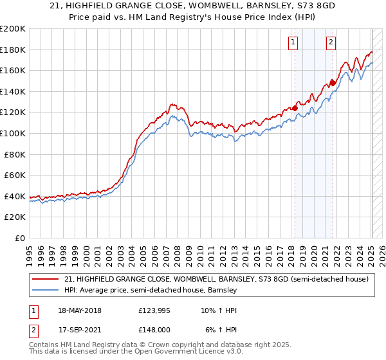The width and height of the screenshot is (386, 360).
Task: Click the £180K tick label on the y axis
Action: (13, 50)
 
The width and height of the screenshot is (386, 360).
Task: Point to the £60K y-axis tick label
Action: (15, 175)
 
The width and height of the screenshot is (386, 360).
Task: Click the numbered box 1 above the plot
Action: (293, 42)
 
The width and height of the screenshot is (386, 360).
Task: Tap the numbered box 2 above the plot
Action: (331, 42)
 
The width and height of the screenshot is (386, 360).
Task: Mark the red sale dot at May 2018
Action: (295, 108)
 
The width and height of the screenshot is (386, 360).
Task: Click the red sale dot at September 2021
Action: (333, 82)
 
